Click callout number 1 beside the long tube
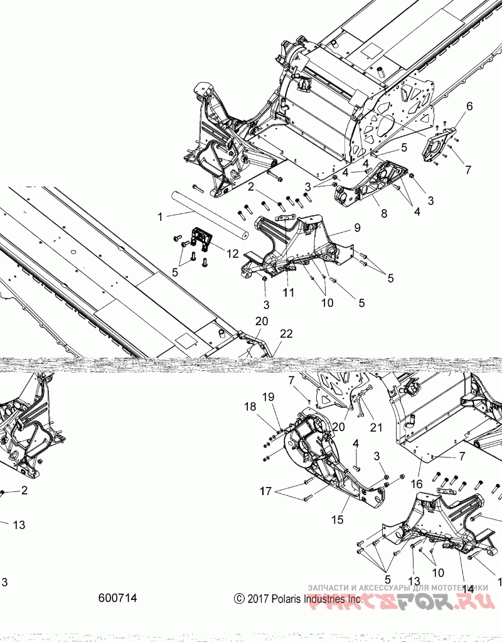pyautogui.click(x=160, y=217)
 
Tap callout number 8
pyautogui.click(x=383, y=213)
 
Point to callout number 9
pyautogui.click(x=356, y=227)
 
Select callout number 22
pyautogui.click(x=286, y=334)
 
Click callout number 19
pyautogui.click(x=268, y=397)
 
